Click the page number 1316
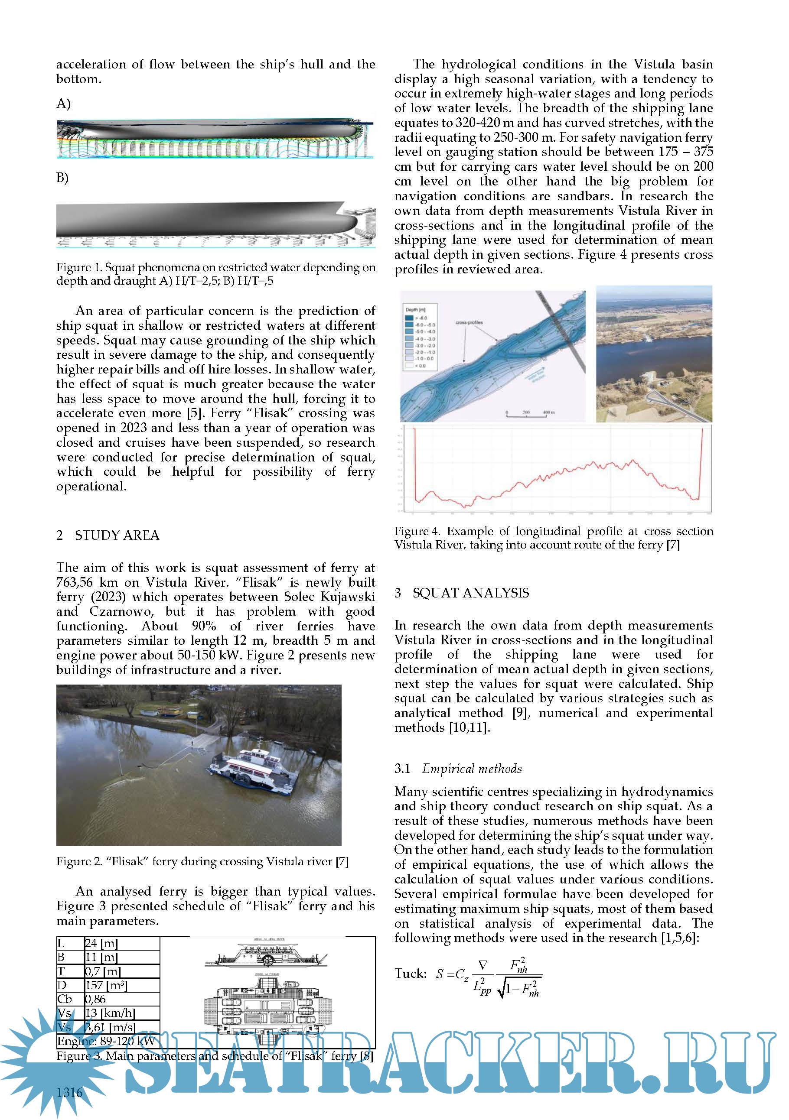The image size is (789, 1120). click(x=69, y=1092)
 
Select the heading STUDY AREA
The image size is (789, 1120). click(x=117, y=535)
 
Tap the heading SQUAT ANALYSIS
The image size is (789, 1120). click(x=470, y=593)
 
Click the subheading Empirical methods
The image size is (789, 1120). click(x=472, y=769)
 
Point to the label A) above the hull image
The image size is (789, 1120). click(x=63, y=104)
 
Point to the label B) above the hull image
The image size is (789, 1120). click(x=62, y=178)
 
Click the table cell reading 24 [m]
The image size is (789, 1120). click(x=101, y=943)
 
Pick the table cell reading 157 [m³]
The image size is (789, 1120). click(x=106, y=985)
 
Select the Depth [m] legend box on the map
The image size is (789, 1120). click(x=420, y=337)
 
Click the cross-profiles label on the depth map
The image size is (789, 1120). click(x=469, y=322)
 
